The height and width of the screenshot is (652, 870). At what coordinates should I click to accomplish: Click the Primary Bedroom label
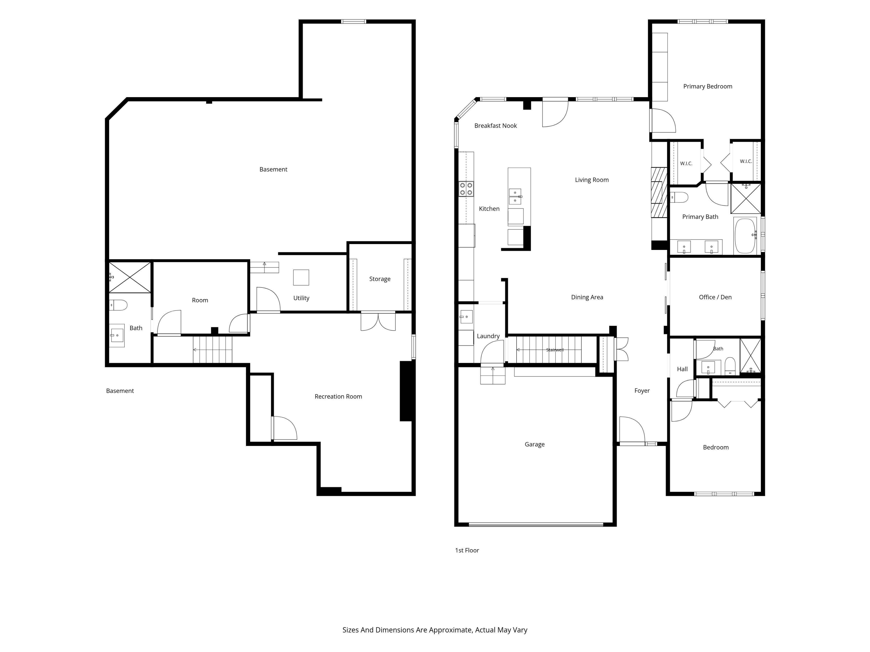pos(708,86)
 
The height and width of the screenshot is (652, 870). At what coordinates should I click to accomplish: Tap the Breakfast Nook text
pos(495,126)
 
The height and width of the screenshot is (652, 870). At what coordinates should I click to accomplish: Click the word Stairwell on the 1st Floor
pos(555,350)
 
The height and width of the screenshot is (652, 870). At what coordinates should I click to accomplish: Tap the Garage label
pos(534,444)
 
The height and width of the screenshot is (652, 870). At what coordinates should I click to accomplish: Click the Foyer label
pos(642,391)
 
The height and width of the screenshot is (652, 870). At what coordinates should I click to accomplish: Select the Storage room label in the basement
pos(379,279)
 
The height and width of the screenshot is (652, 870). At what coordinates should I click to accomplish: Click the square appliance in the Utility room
pos(301,278)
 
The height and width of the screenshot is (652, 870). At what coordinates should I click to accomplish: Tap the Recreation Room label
pos(338,397)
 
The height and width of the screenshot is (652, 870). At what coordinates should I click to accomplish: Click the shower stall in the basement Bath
pos(130,278)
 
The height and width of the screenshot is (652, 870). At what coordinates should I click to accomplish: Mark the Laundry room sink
pos(466,316)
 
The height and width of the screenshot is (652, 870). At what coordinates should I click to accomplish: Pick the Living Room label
pos(592,180)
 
